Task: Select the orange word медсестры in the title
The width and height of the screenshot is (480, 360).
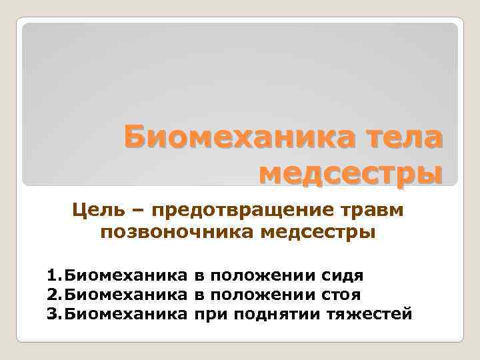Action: (x=350, y=173)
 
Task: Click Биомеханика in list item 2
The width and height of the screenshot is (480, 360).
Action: (x=124, y=293)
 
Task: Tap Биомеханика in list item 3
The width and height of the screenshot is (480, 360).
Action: (x=124, y=312)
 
